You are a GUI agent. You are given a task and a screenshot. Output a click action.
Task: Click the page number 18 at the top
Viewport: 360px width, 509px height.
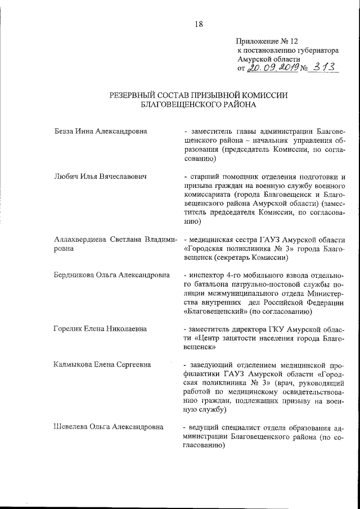(199, 24)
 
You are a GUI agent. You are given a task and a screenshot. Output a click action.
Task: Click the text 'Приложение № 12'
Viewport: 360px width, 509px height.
(267, 42)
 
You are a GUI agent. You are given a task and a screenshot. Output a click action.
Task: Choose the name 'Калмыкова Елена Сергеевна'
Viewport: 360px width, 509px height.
(102, 364)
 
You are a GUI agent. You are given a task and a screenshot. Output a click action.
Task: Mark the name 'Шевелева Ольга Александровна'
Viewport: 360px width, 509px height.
(107, 427)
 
